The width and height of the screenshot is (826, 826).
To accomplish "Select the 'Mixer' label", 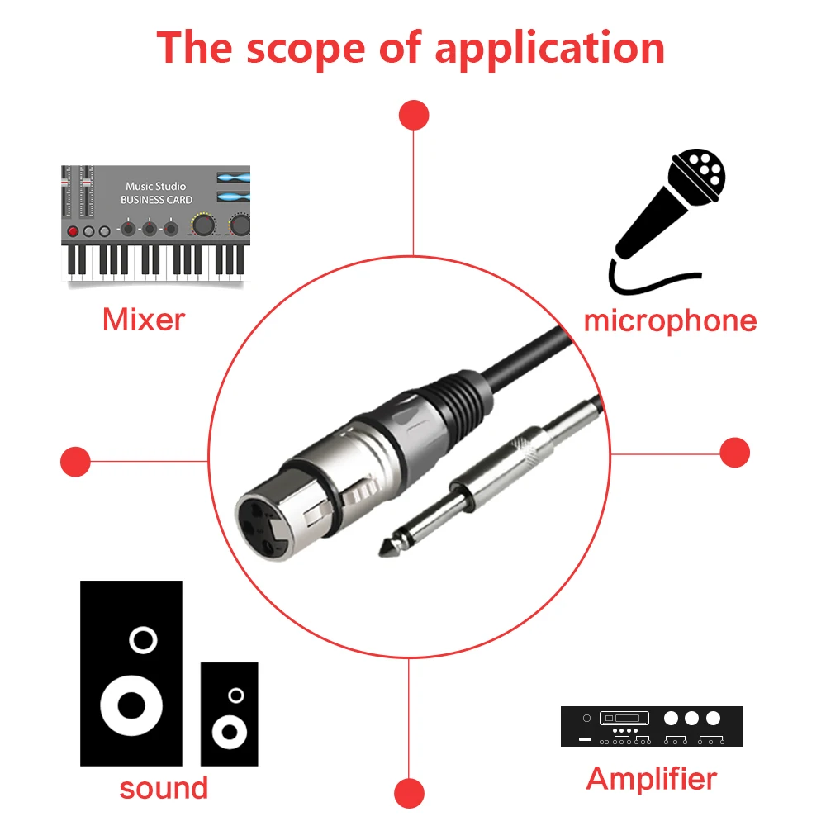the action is coord(144,319).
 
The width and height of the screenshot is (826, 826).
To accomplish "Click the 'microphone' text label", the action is coord(670,321).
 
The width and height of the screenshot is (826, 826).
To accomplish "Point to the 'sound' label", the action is coord(164,789).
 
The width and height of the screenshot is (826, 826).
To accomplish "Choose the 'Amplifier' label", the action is coord(652,779).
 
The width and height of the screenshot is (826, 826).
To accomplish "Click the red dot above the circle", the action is coord(414,115).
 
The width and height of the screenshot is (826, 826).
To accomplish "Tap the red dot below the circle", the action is coord(410,793).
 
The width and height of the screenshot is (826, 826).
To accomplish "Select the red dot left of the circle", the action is coord(75,462).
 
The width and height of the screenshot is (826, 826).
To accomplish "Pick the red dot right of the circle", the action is coord(735,453).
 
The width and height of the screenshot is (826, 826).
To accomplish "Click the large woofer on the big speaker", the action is coord(131,705).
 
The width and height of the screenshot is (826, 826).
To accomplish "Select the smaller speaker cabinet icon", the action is coord(230,714).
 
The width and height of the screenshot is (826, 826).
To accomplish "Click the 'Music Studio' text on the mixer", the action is coord(155,187).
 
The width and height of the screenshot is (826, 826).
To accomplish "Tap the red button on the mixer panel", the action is coord(74,231).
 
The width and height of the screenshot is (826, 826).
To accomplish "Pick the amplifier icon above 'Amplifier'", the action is coord(652,726).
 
